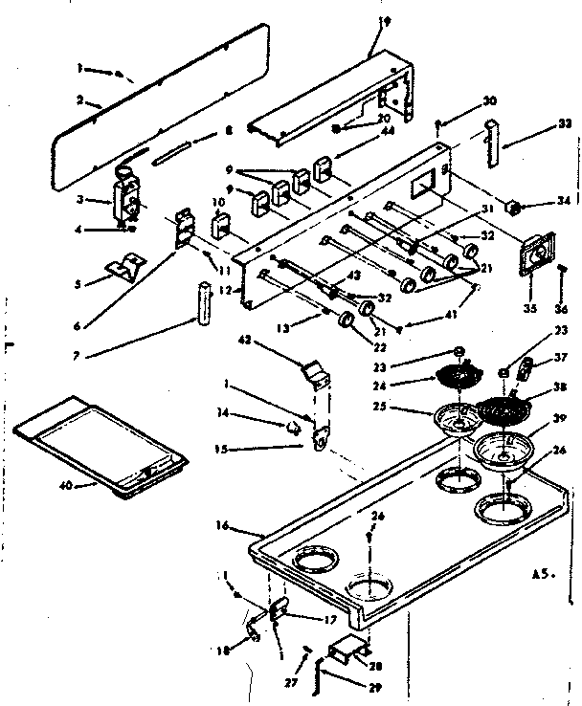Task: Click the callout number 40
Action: pyautogui.click(x=65, y=486)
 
